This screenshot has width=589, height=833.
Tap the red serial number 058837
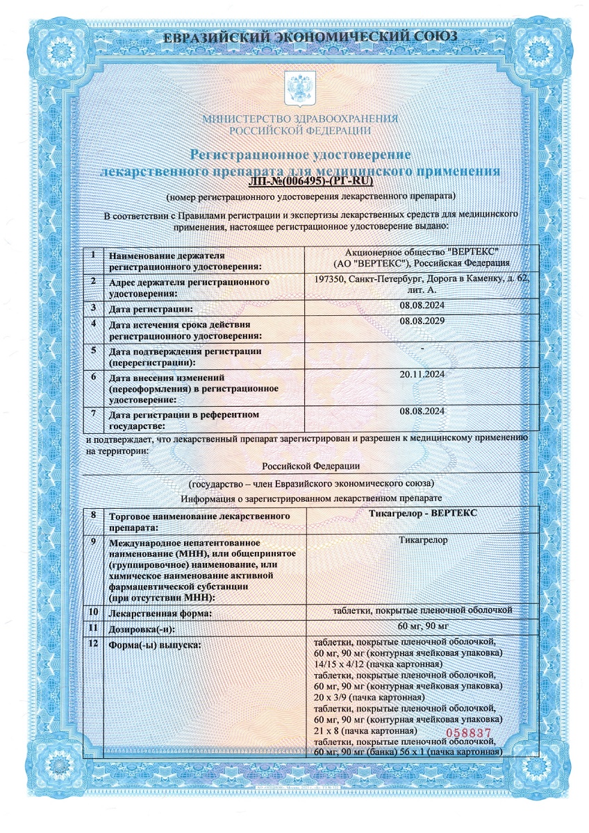point(468,732)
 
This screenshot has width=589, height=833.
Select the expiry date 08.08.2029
point(422,321)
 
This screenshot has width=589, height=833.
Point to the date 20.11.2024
point(422,374)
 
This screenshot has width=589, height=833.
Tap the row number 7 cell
point(92,414)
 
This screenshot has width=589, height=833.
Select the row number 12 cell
point(92,645)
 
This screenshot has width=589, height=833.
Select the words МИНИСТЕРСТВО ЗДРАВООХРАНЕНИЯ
point(300,119)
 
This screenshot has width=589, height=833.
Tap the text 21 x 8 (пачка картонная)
point(365,731)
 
